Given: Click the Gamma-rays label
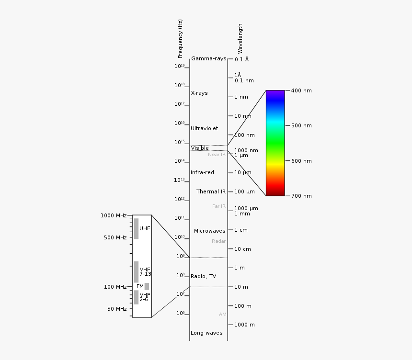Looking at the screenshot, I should [208, 59].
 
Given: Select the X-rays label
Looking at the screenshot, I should [199, 93].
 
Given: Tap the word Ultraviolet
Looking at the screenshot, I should [204, 128].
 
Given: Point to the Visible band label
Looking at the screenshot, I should [200, 148].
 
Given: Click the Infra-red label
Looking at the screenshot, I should [202, 172].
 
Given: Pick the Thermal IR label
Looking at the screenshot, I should [211, 191].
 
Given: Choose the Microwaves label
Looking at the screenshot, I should [209, 231].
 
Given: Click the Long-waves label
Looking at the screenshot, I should [206, 333].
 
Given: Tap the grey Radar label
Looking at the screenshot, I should [218, 241].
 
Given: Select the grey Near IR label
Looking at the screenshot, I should [217, 155].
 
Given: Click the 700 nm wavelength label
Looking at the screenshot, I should [301, 196].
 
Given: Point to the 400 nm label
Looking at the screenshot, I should [301, 90].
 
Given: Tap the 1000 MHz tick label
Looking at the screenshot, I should [114, 215].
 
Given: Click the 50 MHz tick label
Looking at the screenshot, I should [117, 309].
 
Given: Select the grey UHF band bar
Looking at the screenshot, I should [136, 228].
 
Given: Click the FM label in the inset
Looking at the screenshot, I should [140, 286].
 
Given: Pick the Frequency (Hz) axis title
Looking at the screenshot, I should [180, 39].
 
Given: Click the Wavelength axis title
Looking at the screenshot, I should [240, 38].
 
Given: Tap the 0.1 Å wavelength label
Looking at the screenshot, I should [241, 59].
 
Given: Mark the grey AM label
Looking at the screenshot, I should [222, 315].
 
